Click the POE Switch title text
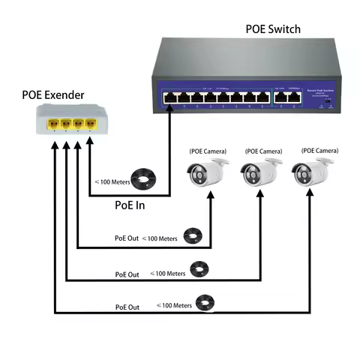[x=273, y=29]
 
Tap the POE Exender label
[x=52, y=95]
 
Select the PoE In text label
[x=130, y=204]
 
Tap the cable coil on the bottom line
[x=203, y=304]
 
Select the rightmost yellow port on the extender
[x=91, y=123]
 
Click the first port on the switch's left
[x=167, y=96]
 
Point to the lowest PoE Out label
[x=127, y=307]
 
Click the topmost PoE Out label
[x=127, y=238]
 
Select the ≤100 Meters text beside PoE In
[x=110, y=181]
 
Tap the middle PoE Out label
[x=127, y=274]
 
